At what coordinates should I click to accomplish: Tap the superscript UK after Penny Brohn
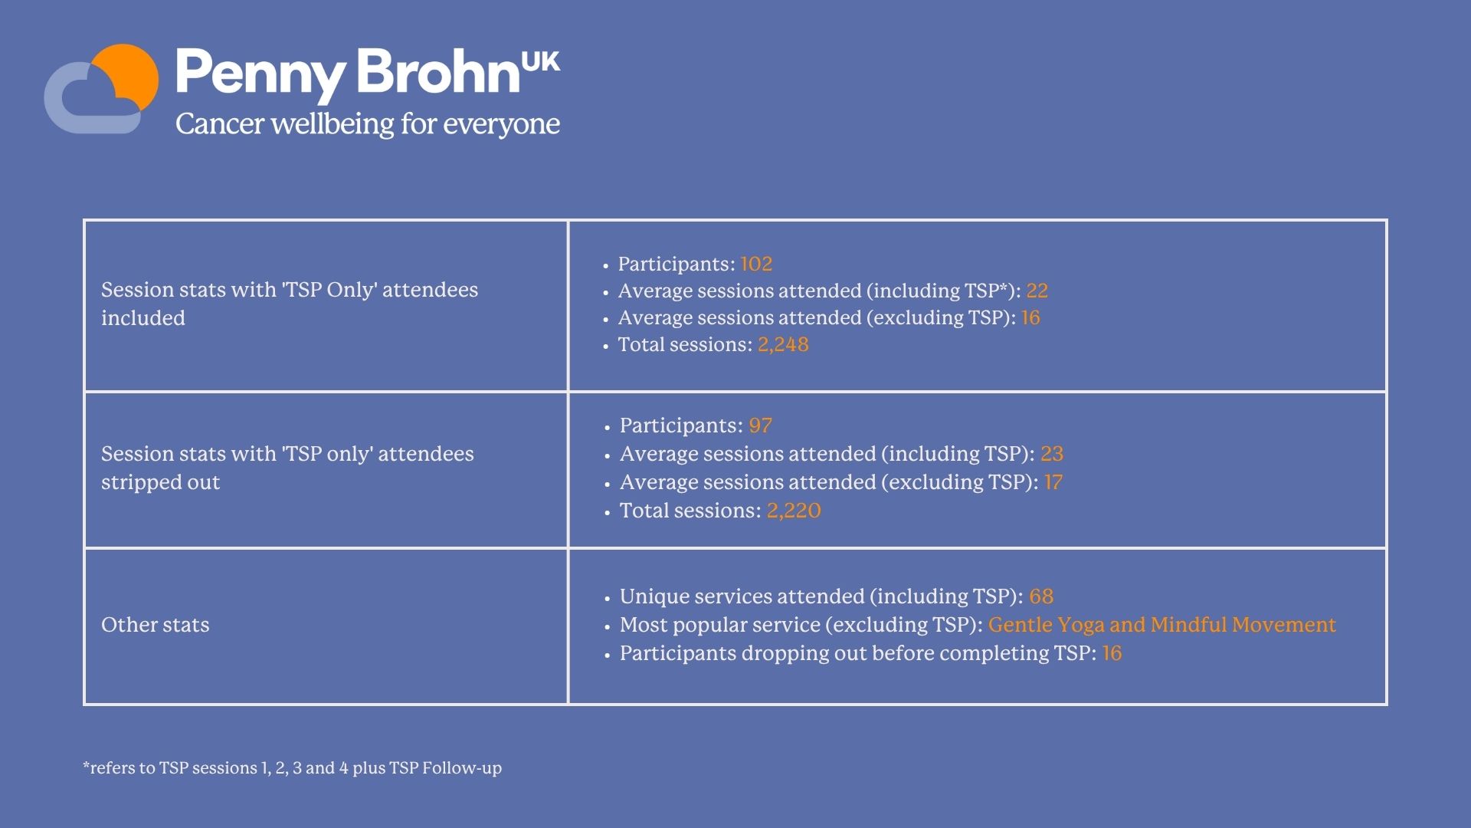coord(541,62)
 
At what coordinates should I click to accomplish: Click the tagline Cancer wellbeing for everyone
coord(368,124)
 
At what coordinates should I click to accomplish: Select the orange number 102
coord(756,264)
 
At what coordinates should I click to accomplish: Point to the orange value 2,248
coord(783,345)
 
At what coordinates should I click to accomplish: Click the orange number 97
coord(760,426)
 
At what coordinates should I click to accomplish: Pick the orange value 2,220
coord(794,511)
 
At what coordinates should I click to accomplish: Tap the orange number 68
coord(1041,596)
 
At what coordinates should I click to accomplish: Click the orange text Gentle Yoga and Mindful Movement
coord(1161,625)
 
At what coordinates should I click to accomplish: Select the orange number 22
coord(1037,291)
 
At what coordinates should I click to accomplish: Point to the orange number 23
coord(1052,454)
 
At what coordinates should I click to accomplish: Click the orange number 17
coord(1053,482)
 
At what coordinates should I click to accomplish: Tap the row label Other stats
coord(156,625)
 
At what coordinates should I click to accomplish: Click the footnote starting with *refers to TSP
coord(292,767)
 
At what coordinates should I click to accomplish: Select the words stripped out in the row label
coord(160,482)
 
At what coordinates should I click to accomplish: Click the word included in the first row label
coord(143,318)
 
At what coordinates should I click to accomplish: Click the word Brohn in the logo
coord(438,71)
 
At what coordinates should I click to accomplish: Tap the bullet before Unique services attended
coord(608,598)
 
